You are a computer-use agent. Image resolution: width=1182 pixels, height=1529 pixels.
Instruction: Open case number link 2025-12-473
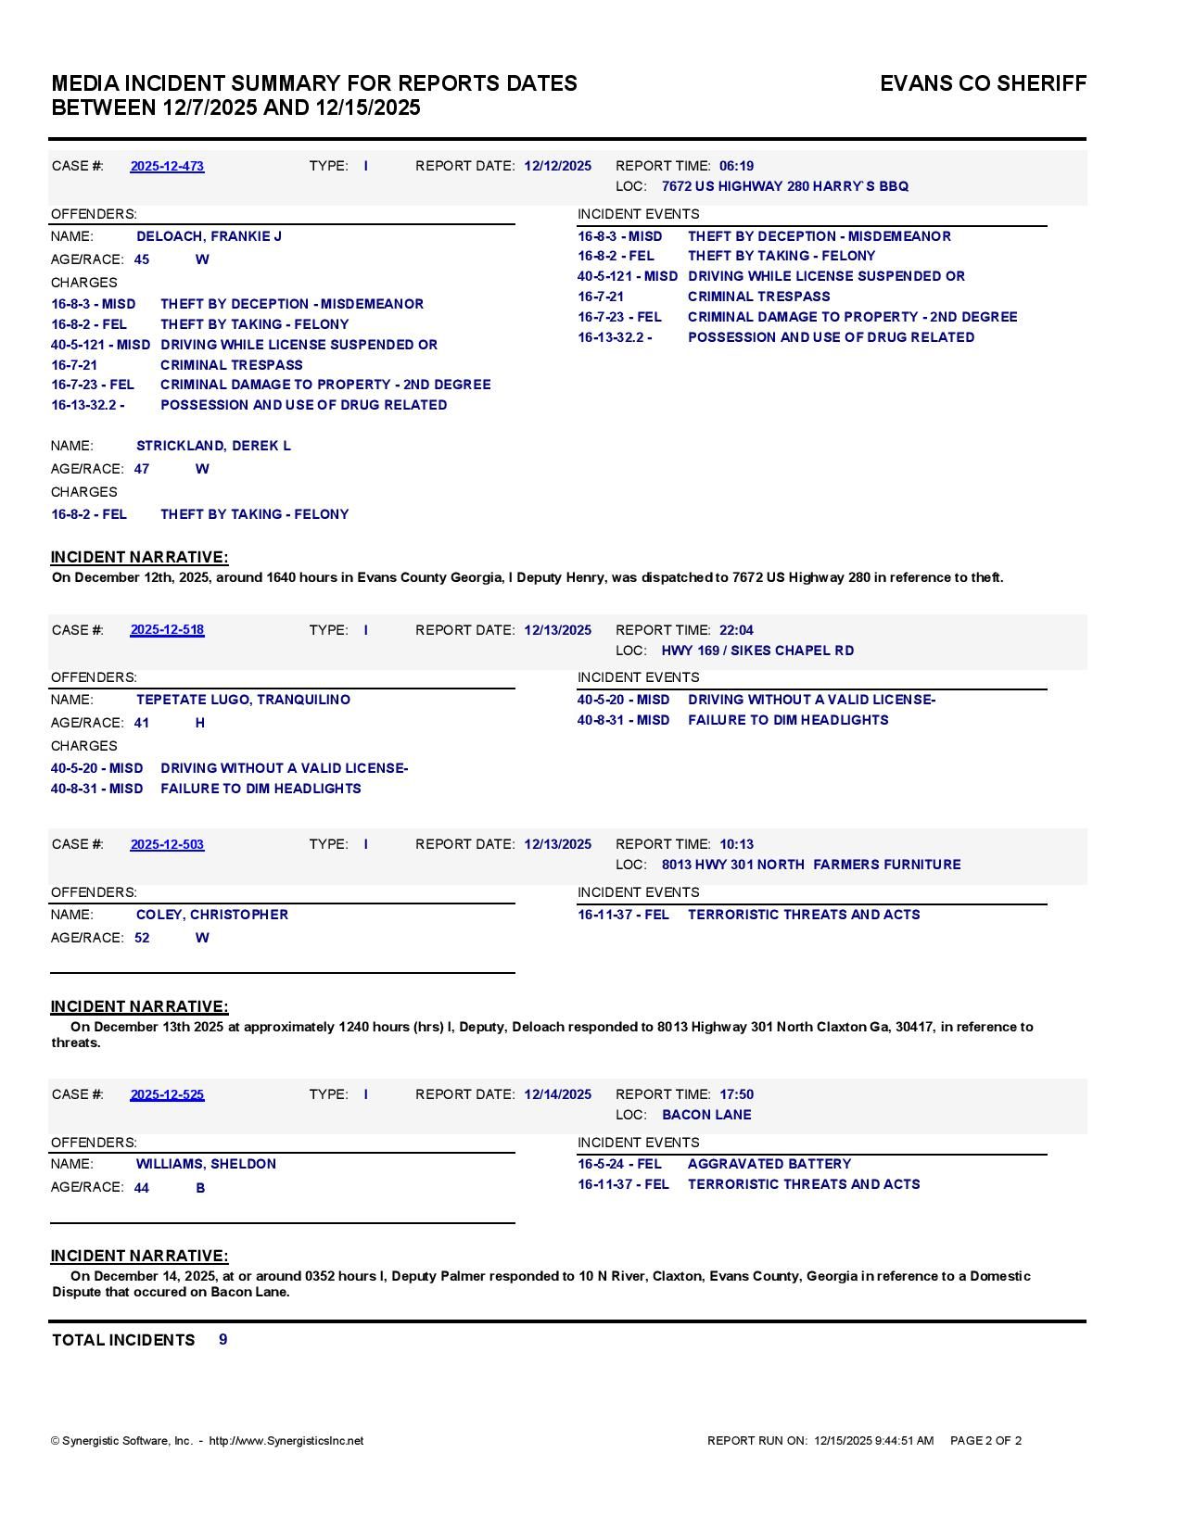pos(167,166)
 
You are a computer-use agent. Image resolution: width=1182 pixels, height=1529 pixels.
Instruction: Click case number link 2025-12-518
pos(167,630)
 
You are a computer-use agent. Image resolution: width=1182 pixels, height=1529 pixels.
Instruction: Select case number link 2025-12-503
pos(167,844)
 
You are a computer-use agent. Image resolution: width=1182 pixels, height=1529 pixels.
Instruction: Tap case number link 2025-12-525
pos(167,1094)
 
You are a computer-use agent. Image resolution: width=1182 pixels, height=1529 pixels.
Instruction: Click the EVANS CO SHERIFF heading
pos(983,83)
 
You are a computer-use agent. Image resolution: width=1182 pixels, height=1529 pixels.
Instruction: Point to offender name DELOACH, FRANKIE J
pos(209,236)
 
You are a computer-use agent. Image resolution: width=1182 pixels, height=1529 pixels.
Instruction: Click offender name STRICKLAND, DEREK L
pos(213,446)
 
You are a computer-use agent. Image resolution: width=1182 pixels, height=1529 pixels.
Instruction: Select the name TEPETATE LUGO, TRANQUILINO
pos(243,700)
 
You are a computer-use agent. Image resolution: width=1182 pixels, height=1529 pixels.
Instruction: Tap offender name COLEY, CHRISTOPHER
pos(211,915)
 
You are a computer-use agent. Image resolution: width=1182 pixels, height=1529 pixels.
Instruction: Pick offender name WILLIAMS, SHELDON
pos(206,1164)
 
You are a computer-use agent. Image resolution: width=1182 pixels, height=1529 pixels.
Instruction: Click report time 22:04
pos(736,630)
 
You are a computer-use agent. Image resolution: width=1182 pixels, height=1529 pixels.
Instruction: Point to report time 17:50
pos(736,1094)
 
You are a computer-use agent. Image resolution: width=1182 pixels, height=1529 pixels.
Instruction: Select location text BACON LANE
pos(706,1115)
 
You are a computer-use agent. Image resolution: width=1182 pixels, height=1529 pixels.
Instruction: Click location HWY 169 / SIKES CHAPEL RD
pos(757,651)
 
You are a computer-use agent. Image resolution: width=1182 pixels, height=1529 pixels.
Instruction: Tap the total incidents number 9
pos(223,1340)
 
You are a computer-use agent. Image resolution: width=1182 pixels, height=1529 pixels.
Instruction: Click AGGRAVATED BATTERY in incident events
pos(769,1164)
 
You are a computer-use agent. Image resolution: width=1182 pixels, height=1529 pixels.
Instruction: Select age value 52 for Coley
pos(142,938)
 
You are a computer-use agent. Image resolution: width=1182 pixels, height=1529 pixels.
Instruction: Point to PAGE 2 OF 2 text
pos(985,1441)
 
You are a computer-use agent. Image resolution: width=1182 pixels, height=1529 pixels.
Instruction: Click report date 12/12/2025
pos(557,166)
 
